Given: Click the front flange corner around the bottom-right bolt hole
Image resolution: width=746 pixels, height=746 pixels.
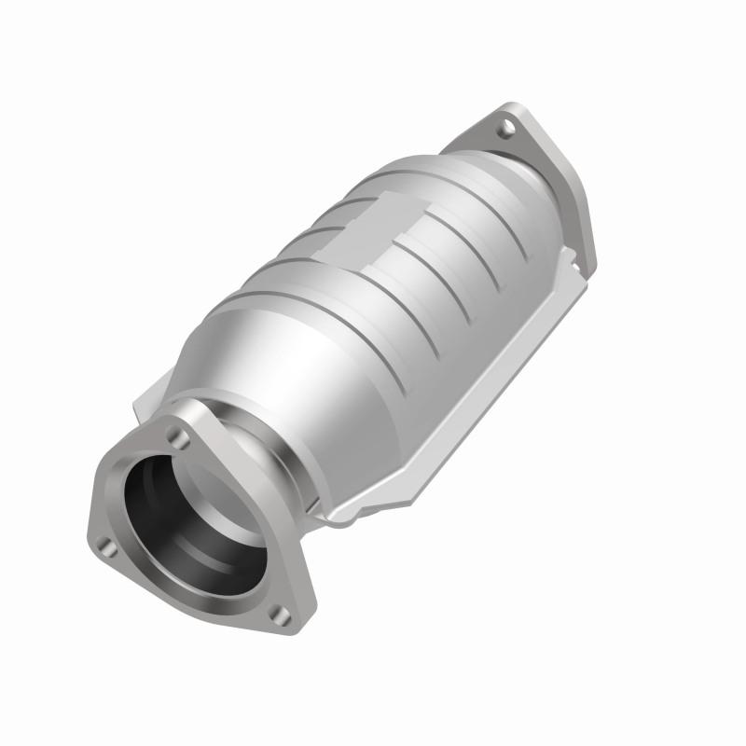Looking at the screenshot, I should [x=284, y=620].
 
